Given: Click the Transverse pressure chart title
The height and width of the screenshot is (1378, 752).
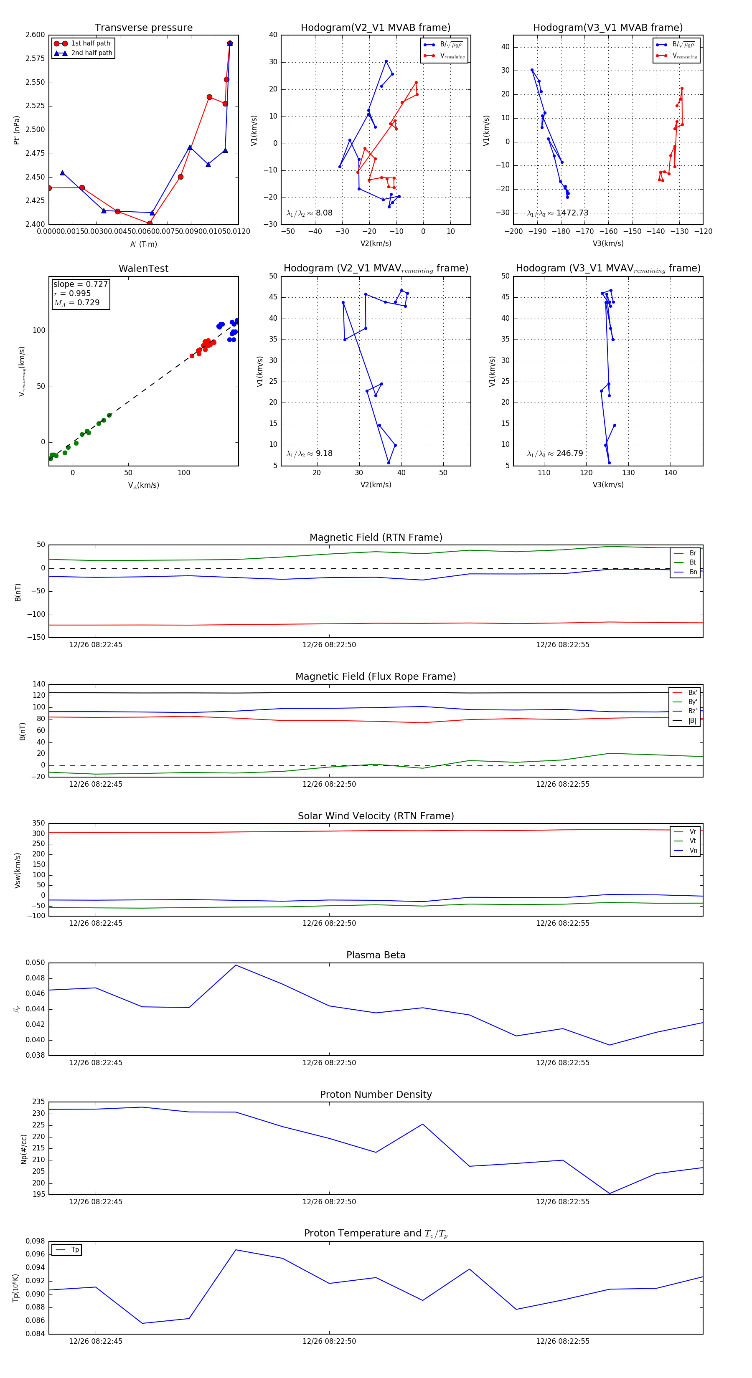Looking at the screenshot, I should point(143,28).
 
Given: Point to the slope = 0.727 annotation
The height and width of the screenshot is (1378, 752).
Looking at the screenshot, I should point(80,284).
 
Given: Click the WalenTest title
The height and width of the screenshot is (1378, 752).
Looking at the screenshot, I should point(143,269).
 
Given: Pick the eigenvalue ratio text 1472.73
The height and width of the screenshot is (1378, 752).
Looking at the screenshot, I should point(572,213).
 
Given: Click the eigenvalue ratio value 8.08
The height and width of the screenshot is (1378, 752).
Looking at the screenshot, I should point(324,213).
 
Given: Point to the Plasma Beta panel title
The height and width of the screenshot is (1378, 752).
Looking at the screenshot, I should point(376,955).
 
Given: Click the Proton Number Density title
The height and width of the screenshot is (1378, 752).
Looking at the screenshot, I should point(376,1094).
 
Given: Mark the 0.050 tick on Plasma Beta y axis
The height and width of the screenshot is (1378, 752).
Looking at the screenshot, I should point(36,963).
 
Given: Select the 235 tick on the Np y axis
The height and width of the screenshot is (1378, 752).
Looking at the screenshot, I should point(38,1102).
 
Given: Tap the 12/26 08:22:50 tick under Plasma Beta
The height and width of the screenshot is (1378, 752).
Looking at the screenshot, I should point(329,1062).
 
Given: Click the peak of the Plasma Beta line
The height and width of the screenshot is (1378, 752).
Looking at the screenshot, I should point(236,965).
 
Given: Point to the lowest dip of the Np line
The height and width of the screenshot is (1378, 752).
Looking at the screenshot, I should point(609,1193).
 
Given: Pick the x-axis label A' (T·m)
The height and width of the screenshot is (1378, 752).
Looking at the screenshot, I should point(143,244).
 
